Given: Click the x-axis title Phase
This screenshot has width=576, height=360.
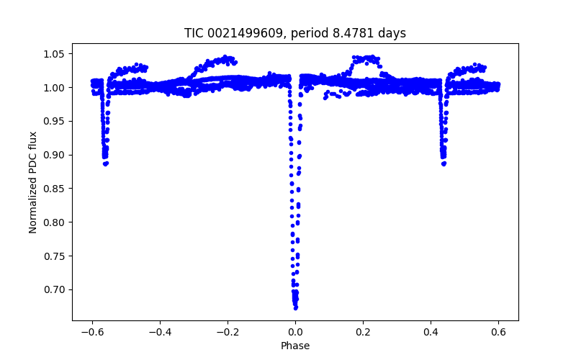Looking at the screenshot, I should point(295,346).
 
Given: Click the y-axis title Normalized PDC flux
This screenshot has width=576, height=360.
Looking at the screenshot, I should point(33,182).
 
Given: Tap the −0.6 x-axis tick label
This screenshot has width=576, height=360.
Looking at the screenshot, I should point(92,332).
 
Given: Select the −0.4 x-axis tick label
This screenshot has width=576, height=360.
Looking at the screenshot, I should point(160,332).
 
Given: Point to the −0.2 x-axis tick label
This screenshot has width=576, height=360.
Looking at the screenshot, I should point(228,332).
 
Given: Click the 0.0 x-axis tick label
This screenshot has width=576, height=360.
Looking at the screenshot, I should point(295,332).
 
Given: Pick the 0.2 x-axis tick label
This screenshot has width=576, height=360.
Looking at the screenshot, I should point(363,332).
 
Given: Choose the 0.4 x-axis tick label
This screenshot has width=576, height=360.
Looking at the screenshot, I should point(431,332).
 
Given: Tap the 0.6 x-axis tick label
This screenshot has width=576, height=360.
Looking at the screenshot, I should point(498,332).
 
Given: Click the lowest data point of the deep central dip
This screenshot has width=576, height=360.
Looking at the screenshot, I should point(295,307).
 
